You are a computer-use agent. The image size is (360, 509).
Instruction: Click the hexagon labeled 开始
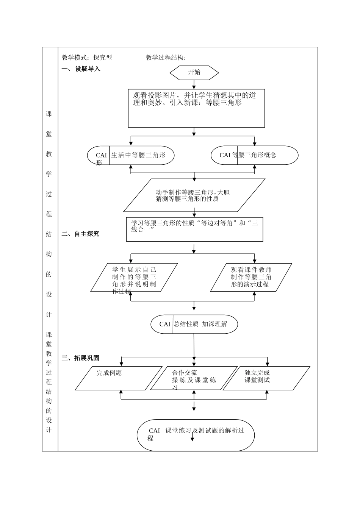coord(194,73)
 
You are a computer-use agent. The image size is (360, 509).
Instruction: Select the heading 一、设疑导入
coord(81,69)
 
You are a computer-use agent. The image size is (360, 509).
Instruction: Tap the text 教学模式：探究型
coord(87,58)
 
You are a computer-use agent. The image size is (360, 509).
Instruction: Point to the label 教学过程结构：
coord(166,58)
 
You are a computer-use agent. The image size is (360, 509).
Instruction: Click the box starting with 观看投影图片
coord(196,108)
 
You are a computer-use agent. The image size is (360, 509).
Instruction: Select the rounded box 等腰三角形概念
coord(254,155)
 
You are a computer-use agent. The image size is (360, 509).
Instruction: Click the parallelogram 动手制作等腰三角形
coord(194,195)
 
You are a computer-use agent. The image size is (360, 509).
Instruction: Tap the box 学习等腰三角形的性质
coord(194,229)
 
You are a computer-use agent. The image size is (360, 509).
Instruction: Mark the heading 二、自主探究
coord(80,234)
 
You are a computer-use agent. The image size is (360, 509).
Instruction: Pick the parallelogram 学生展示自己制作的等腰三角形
coord(134,278)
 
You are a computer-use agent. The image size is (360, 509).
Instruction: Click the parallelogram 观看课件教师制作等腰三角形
coord(251,278)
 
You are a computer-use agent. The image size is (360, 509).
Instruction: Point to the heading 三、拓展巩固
coord(80,358)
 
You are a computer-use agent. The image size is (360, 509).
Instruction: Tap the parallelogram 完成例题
coord(118,378)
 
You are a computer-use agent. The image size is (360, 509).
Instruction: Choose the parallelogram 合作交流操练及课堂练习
coord(194,378)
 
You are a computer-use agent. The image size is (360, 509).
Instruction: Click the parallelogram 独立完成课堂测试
coord(266,378)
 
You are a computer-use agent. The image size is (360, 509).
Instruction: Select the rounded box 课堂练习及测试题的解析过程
coord(196,435)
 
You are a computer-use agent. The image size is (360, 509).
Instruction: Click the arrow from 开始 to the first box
coord(194,85)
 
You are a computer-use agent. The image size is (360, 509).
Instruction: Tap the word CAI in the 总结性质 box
coord(165,324)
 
